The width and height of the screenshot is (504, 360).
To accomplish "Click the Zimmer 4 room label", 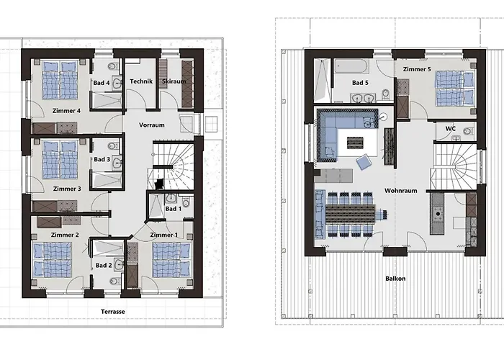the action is [x=66, y=111].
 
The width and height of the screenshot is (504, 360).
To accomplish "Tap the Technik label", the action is [x=141, y=81].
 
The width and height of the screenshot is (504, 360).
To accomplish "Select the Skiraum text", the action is [x=174, y=81].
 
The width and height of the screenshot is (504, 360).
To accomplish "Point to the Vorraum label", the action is [x=152, y=125].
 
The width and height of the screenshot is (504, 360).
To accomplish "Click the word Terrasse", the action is [x=113, y=312].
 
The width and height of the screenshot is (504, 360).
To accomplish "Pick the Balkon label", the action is [x=395, y=279].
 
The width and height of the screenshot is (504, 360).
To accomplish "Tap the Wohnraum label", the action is [x=401, y=191].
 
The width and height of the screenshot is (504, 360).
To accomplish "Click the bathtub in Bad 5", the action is [x=351, y=66].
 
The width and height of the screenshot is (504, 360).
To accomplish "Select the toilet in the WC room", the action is [x=469, y=131].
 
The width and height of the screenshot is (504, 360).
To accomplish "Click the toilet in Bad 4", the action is [x=112, y=66].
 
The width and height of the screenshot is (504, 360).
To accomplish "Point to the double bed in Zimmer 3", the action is [x=60, y=160].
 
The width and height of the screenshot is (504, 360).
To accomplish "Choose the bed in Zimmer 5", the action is [x=455, y=89].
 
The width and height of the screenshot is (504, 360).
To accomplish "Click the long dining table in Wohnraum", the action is [x=350, y=214].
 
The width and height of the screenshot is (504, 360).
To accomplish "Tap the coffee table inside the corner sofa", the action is [x=355, y=143].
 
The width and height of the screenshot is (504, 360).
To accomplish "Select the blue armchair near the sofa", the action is [x=364, y=162].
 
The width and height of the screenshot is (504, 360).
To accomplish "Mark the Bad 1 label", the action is [x=174, y=209].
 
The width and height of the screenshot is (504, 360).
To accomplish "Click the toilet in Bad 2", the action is [x=114, y=282].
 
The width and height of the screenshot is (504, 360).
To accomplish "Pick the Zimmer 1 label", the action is [x=164, y=235].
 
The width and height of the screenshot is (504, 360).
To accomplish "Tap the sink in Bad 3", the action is [x=117, y=162].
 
